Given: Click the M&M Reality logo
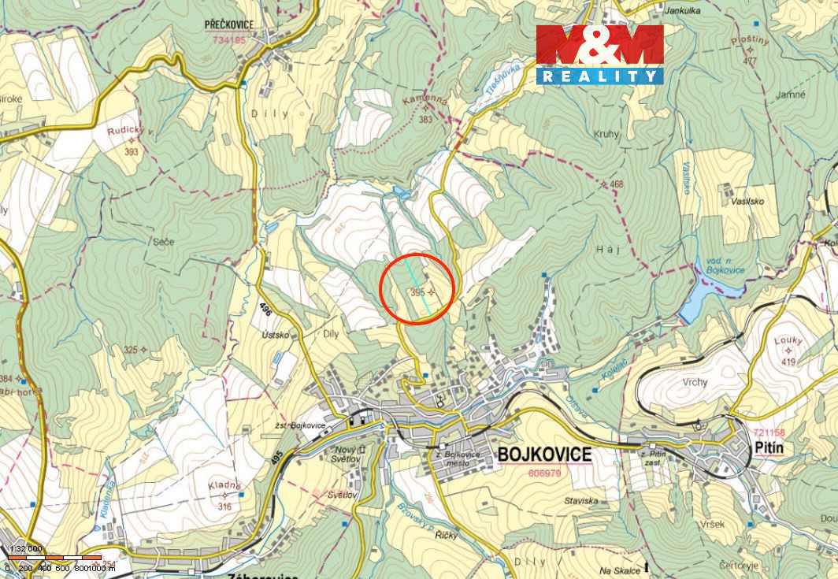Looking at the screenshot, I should [x=599, y=54].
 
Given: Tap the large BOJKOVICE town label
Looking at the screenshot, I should [x=544, y=455].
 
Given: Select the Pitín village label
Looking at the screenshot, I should [x=768, y=448].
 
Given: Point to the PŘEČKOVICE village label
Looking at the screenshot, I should [x=229, y=24].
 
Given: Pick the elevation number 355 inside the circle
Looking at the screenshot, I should [x=417, y=291].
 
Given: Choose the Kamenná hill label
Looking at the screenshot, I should [x=425, y=103].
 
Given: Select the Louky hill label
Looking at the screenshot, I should [x=787, y=340].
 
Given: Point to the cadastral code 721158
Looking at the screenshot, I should [x=769, y=433].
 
